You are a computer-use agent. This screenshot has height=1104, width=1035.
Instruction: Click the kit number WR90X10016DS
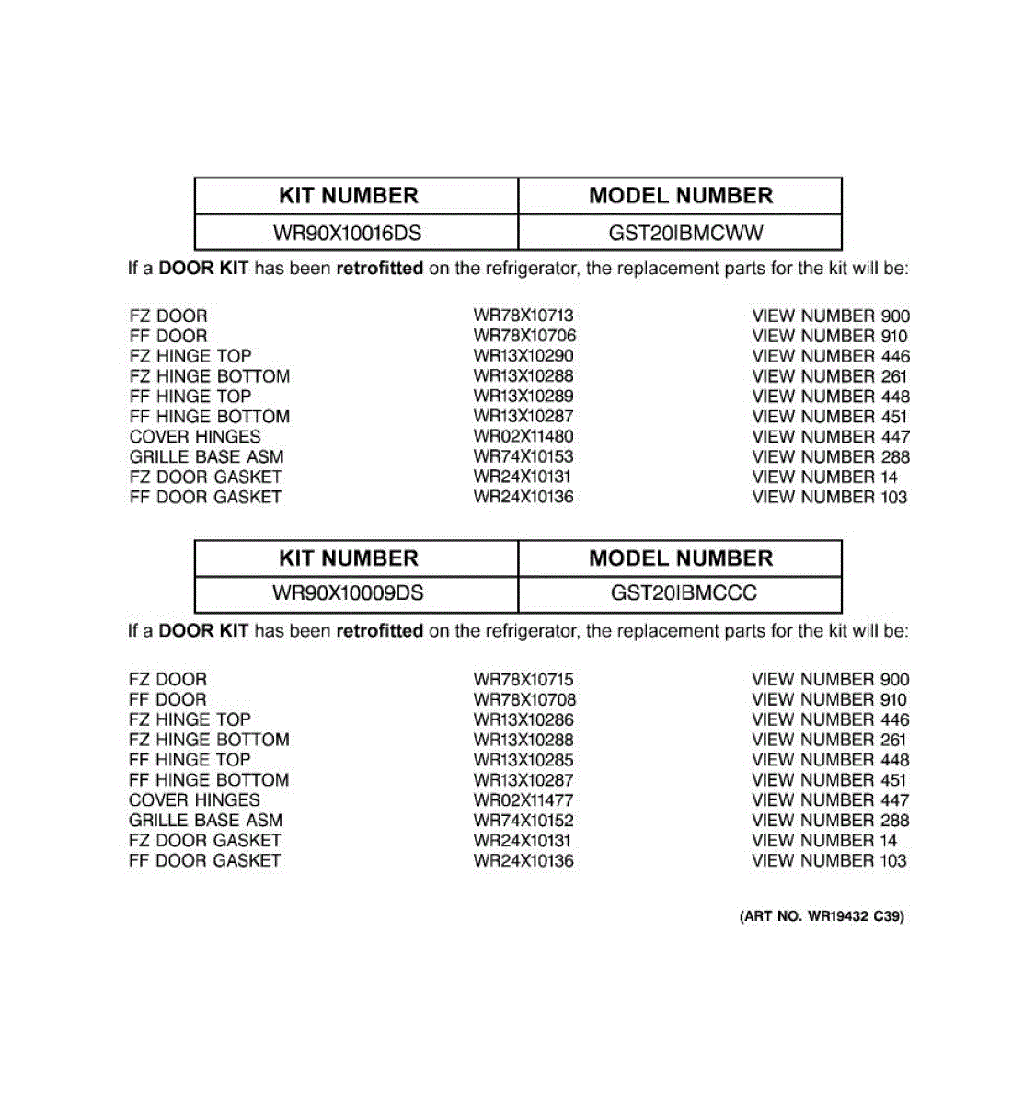pos(348,233)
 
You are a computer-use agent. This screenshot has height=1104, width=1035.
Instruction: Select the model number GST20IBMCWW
pos(685,233)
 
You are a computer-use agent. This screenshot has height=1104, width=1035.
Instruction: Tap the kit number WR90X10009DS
pos(348,593)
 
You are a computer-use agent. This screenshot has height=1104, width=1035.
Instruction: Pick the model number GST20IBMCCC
pos(684,593)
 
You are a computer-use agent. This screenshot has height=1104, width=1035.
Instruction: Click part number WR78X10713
pos(523,316)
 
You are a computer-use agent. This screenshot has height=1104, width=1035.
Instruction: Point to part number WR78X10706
pos(524,336)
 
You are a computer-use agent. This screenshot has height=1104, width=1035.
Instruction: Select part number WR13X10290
pos(523,356)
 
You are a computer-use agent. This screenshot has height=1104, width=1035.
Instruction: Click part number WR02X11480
pos(523,437)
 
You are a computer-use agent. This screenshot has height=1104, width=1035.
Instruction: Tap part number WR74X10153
pos(523,457)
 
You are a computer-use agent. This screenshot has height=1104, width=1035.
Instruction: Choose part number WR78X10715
pos(523,680)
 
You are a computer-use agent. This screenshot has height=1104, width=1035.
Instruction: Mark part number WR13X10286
pos(523,719)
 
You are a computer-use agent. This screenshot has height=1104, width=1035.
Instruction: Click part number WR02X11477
pos(523,800)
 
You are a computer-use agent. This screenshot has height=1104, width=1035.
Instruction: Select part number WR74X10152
pos(523,821)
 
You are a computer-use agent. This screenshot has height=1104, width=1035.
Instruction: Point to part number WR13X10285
pos(523,760)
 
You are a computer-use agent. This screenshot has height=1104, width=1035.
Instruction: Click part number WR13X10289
pos(523,397)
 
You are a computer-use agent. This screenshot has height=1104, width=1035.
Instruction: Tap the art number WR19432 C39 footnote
pos(822,916)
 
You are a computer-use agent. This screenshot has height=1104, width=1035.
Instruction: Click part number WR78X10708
pos(524,699)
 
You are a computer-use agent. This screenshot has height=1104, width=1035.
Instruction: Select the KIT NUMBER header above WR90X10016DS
pos(348,196)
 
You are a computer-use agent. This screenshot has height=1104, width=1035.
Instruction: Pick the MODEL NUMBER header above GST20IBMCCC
pos(681,558)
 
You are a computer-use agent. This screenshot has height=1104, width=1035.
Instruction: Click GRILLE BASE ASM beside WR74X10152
pos(206,821)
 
